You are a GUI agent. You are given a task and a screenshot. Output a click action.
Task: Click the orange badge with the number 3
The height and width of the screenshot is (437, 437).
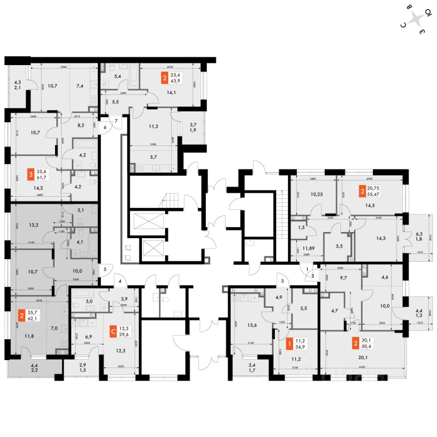pyautogui.click(x=30, y=175)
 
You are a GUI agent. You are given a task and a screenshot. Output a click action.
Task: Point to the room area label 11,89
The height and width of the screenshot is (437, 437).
pyautogui.click(x=301, y=248)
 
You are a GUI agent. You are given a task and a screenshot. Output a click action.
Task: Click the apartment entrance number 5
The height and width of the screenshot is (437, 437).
pyautogui.click(x=105, y=269)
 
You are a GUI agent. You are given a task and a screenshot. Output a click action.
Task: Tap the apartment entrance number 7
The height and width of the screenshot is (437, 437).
pyautogui.click(x=117, y=121)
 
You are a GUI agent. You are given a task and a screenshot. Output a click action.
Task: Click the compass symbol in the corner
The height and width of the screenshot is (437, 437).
pyautogui.click(x=416, y=20)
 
